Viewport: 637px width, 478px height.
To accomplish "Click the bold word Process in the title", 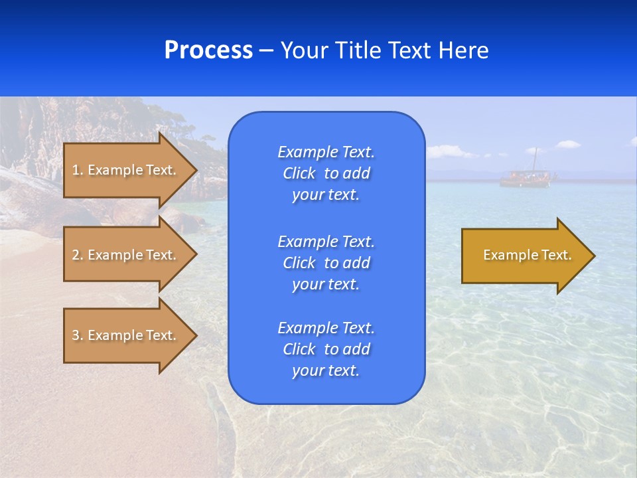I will click(208, 50).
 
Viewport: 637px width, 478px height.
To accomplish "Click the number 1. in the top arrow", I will click(78, 170).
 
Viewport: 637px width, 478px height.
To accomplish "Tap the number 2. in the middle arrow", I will click(78, 255).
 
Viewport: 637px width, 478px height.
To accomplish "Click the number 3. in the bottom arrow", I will click(78, 335).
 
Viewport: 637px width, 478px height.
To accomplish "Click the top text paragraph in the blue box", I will click(326, 173).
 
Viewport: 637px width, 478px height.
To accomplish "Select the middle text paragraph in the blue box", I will click(326, 262).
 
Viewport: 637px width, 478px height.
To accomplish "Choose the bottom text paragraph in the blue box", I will click(326, 349).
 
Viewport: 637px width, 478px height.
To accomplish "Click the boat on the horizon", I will click(524, 179).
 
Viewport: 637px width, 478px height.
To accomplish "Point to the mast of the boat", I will click(535, 159).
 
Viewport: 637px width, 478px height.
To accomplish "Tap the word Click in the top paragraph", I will click(299, 173).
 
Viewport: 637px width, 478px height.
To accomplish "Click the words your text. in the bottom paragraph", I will click(326, 370).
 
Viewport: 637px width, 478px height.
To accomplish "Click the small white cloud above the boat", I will click(567, 143).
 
